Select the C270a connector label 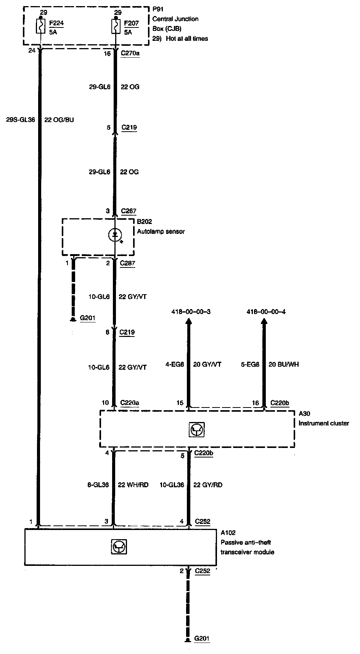130,54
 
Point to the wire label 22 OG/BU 59,120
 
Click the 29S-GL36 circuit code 21,120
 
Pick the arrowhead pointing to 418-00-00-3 188,323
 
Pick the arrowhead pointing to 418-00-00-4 264,323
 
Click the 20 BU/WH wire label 284,364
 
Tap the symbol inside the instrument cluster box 197,430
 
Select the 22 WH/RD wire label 133,485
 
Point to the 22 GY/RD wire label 208,485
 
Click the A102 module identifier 228,533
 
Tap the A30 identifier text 304,413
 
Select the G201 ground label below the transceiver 202,638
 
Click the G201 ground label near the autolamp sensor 88,318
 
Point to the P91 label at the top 157,9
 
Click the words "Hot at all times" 187,39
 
